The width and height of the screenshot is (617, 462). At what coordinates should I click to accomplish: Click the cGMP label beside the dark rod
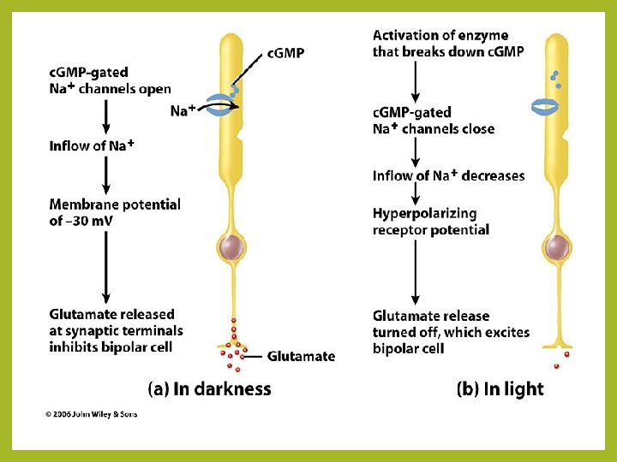coord(285,53)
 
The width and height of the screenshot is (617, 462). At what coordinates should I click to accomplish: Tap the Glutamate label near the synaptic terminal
coord(301,356)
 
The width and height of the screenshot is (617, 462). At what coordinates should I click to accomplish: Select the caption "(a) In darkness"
coord(210,389)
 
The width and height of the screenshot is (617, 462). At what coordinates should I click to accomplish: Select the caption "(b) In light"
coord(501,389)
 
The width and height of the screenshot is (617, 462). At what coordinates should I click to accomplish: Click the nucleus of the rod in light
coord(555,248)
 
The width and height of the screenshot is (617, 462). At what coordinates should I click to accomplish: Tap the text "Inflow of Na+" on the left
coord(92,145)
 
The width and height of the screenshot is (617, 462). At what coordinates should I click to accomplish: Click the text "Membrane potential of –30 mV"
coord(114,212)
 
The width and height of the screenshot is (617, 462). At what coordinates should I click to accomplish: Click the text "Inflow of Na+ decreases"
coord(448,175)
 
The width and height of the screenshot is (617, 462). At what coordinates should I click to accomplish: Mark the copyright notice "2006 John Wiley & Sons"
coord(91,415)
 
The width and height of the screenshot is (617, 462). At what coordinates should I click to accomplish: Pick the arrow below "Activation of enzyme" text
coord(416,80)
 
